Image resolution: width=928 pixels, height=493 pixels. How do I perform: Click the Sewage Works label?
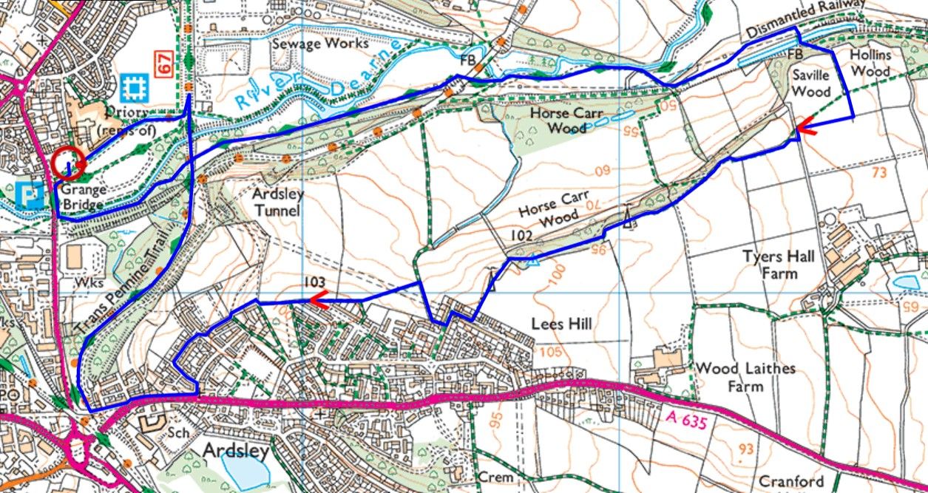pyautogui.click(x=319, y=44)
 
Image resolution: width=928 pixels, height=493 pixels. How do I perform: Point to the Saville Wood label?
pyautogui.click(x=811, y=84)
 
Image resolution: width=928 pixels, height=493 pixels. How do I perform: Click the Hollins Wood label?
pyautogui.click(x=870, y=63)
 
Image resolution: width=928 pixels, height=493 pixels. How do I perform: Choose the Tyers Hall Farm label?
pyautogui.click(x=779, y=265)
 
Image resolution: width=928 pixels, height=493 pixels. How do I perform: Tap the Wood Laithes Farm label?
pyautogui.click(x=745, y=377)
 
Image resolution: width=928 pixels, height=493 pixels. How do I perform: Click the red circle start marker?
pyautogui.click(x=68, y=164)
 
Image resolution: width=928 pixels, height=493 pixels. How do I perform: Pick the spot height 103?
pyautogui.click(x=314, y=282)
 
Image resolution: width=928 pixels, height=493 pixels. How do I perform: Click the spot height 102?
pyautogui.click(x=521, y=234)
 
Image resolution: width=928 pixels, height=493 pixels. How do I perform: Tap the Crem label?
pyautogui.click(x=495, y=477)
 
